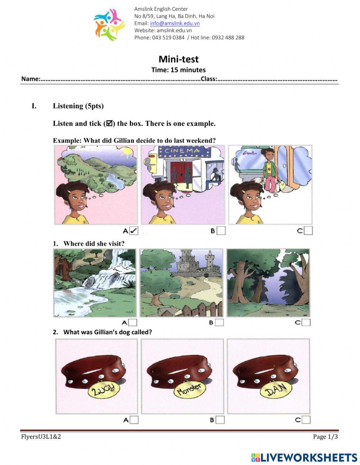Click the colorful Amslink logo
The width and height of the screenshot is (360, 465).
109,24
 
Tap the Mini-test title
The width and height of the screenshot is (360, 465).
179,59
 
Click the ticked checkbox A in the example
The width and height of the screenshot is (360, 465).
134,231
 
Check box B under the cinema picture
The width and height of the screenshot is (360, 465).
221,231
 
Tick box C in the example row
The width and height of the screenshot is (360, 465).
308,231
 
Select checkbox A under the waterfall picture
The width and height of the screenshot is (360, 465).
133,322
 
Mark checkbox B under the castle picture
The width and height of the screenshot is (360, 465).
219,322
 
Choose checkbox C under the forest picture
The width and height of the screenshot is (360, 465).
306,322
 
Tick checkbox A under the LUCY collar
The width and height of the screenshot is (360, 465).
134,420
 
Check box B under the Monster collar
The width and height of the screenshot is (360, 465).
220,420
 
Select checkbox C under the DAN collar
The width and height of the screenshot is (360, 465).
306,420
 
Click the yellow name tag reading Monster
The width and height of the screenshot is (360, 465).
189,390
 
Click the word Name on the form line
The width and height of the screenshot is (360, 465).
30,79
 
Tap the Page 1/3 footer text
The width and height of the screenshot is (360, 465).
325,437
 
